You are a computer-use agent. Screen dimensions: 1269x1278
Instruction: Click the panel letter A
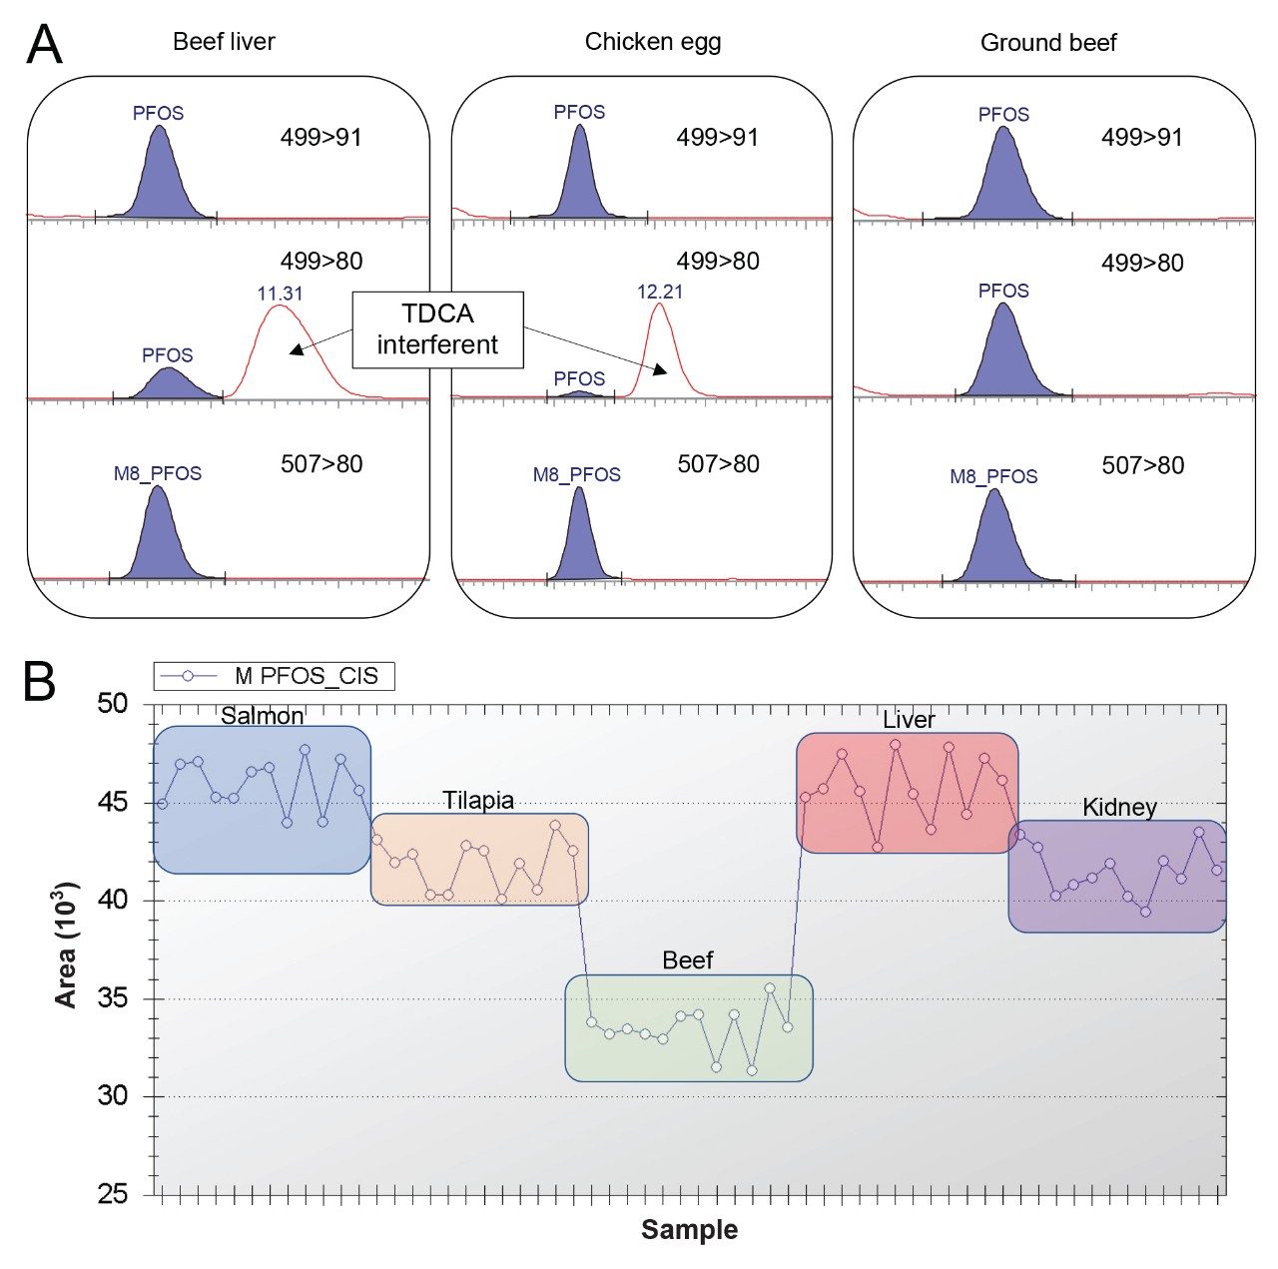coord(44,44)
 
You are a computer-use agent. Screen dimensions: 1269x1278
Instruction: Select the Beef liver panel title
coord(224,42)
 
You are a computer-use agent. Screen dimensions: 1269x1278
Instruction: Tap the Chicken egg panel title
coord(653,42)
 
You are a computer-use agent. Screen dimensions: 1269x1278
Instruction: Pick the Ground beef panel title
coord(1048,43)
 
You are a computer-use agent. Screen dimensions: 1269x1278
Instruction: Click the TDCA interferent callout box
coord(437,329)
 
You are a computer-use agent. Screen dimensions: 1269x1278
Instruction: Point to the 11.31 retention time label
coord(280,294)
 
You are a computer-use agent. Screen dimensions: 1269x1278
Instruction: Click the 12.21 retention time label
coord(660,292)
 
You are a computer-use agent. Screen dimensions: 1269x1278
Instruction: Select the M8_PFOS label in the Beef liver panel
coord(158,473)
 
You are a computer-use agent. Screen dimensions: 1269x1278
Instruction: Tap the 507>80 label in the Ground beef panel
coord(1143,465)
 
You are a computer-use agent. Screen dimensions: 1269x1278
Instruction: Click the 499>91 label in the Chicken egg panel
coord(718,138)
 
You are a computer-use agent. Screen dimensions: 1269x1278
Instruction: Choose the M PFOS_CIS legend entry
coord(275,676)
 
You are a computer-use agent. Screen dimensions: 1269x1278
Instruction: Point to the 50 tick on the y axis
coord(113,704)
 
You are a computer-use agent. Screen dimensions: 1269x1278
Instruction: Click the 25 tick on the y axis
coord(113,1194)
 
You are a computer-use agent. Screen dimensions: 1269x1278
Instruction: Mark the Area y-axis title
coord(67,945)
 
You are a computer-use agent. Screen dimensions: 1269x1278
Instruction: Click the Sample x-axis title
coord(689,1230)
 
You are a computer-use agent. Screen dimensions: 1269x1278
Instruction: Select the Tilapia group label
coord(478,801)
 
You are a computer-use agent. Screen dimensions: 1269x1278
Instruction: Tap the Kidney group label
coord(1119,808)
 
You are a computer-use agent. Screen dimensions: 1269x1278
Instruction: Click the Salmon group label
coord(262,716)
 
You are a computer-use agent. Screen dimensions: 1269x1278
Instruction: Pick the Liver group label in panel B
coord(909,720)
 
